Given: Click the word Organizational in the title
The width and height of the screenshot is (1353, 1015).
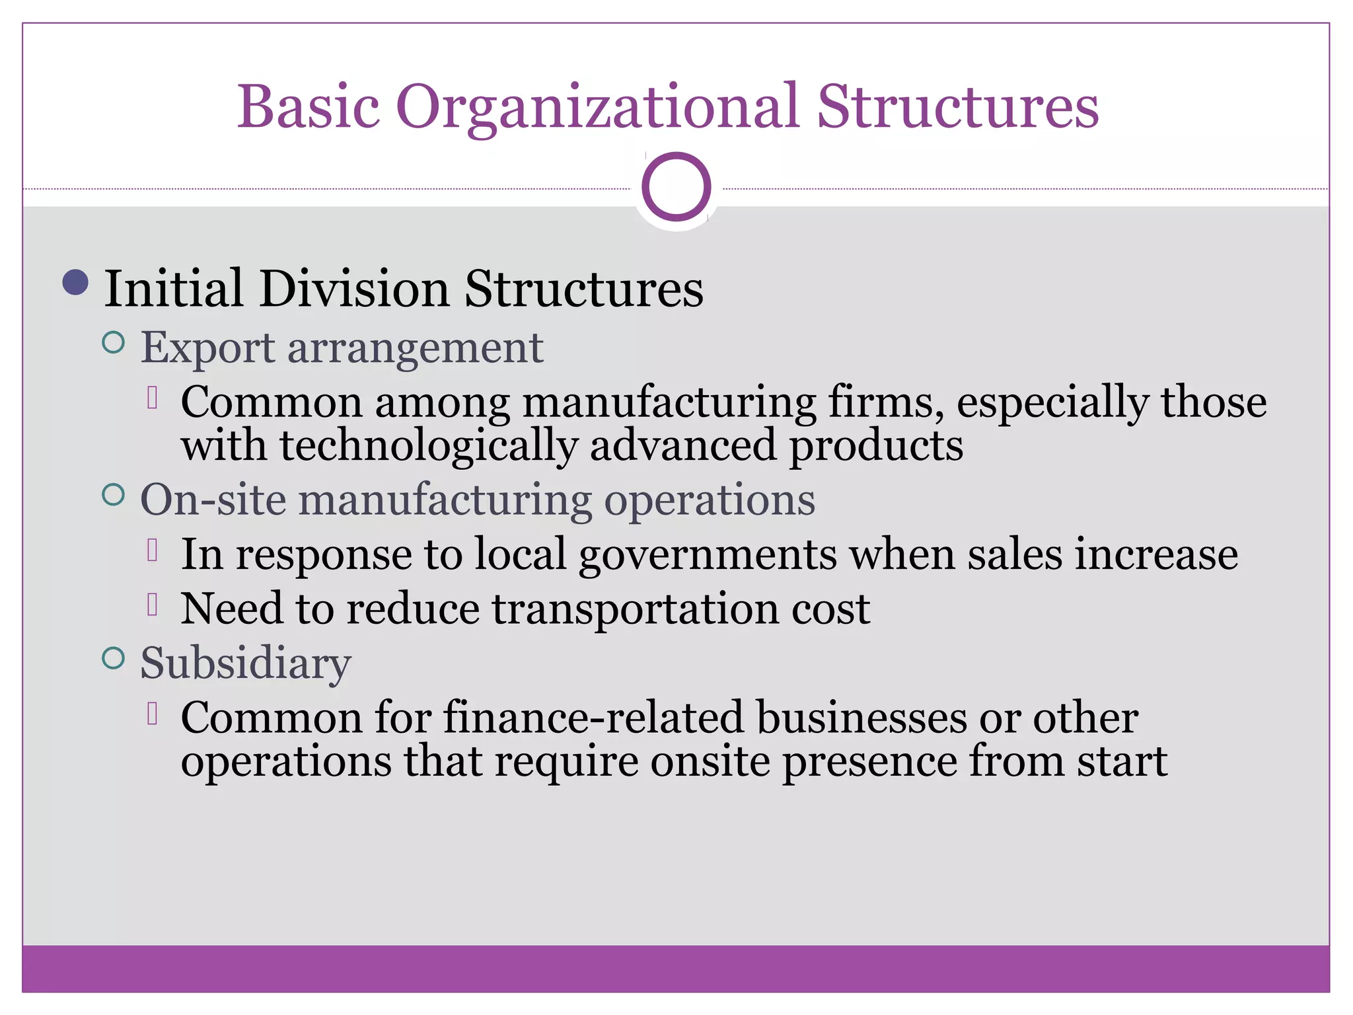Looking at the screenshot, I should coord(598,108).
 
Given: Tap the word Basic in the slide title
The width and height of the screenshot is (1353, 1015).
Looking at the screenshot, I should coord(309,106).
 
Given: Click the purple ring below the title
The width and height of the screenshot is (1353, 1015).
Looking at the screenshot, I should coord(676,187).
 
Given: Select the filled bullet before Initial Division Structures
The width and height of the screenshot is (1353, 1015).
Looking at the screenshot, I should coord(76,282).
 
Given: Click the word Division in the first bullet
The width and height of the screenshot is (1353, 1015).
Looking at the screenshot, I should coord(354,289).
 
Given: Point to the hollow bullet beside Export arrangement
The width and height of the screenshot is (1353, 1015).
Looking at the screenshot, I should coord(114,342).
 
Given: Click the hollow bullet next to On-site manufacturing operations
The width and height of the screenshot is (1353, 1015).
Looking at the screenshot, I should coord(114,494).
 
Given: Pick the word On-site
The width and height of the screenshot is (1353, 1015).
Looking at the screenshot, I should coord(213,500).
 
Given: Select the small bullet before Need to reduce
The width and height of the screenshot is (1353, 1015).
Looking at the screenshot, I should coord(153,605).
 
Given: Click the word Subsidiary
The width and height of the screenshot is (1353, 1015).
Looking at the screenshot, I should coord(246,663).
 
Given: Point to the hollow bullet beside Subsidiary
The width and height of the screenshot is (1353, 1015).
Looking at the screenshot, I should coord(114,658).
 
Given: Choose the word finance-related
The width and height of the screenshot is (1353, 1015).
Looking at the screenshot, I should coord(593,718).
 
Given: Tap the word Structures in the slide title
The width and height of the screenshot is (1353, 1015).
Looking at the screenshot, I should coord(958,106).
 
